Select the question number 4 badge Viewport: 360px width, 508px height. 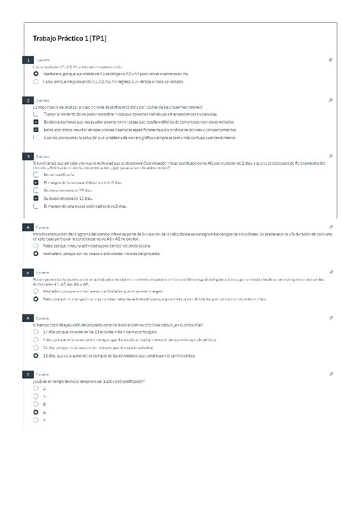(x=28, y=227)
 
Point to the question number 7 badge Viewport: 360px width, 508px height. (x=28, y=374)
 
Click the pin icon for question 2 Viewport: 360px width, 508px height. (x=331, y=99)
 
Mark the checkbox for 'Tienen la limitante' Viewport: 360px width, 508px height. (x=36, y=113)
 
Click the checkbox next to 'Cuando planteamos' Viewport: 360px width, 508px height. (x=36, y=137)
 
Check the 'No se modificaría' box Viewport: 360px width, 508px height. (x=36, y=175)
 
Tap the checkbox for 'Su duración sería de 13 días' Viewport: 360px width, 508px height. (x=36, y=198)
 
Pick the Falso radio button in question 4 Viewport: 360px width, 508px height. (x=36, y=246)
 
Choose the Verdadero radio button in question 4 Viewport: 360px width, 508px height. (x=36, y=254)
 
